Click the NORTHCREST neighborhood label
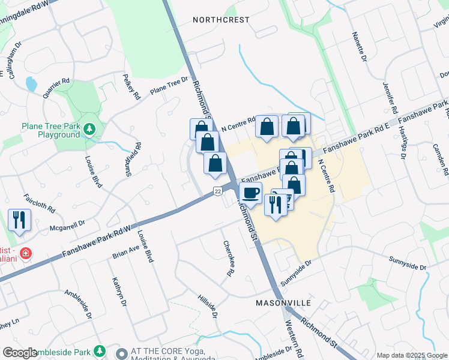point(221,20)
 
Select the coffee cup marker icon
point(251,193)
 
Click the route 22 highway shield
point(217,190)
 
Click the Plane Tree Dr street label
point(165,88)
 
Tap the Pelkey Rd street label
point(130,86)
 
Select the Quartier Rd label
point(56,88)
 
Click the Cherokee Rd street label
point(228,259)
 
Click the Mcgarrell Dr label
point(68,223)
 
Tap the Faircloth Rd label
point(39,203)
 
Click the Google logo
point(20,353)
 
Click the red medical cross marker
point(25,253)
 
